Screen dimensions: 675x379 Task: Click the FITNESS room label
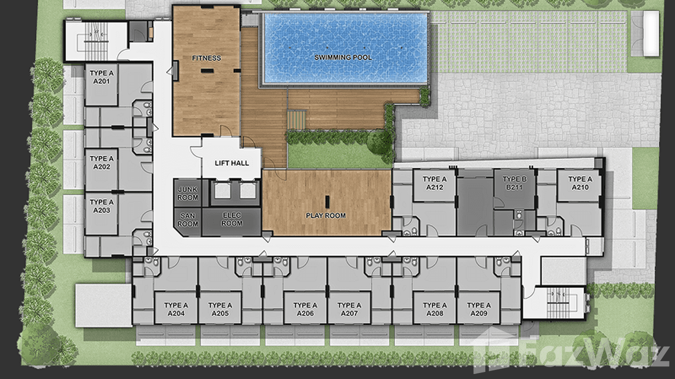[206, 58]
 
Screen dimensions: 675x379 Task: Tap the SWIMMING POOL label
[343, 57]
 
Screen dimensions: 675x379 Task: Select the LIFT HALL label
[232, 163]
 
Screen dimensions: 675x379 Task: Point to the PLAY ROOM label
[325, 216]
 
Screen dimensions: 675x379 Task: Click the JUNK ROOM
[188, 194]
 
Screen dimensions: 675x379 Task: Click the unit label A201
[102, 81]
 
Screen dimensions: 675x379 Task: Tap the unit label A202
[102, 167]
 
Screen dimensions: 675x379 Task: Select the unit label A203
[102, 210]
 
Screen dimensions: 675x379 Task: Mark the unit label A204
[176, 313]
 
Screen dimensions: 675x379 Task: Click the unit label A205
[220, 313]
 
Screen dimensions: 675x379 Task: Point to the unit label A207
[349, 313]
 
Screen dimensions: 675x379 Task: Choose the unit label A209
[479, 313]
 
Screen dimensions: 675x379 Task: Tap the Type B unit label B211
[515, 187]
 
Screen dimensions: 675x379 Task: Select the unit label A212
[435, 187]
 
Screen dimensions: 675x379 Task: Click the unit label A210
[580, 187]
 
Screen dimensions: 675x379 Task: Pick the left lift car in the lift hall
[223, 191]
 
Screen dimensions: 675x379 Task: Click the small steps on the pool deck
[296, 120]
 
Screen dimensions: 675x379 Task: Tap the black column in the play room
[327, 202]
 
